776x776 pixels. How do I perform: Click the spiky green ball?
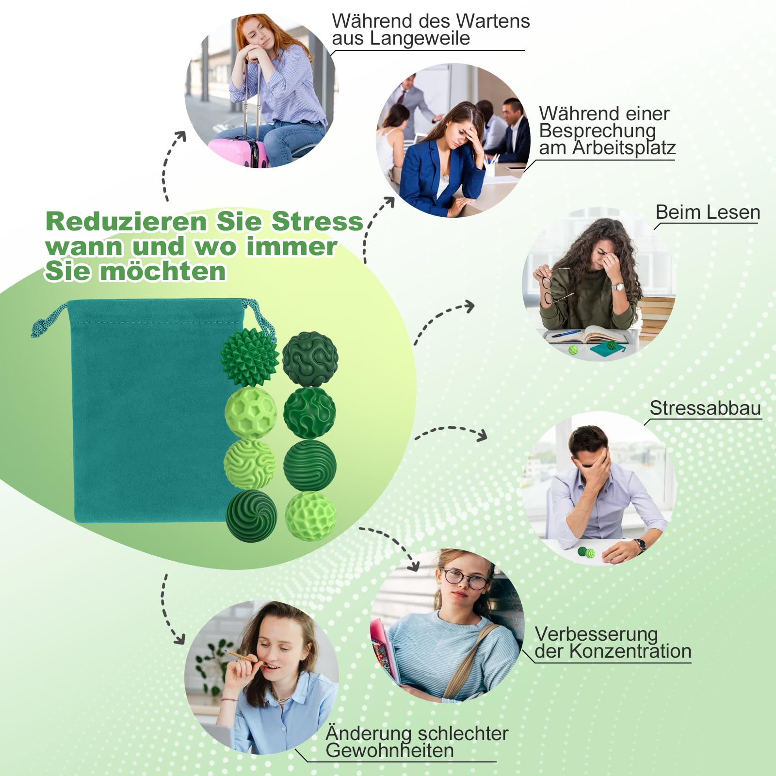(250, 357)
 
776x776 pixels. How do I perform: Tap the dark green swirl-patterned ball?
(251, 516)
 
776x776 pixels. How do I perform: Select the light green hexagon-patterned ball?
(251, 413)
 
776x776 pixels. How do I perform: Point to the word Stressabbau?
(705, 408)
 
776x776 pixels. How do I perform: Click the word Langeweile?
(420, 38)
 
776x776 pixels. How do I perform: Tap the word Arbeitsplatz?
(624, 148)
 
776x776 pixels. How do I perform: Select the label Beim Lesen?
(708, 212)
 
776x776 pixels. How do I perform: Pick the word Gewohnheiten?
(390, 750)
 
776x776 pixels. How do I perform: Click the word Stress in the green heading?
(317, 222)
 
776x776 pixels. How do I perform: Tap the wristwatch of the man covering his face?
(641, 545)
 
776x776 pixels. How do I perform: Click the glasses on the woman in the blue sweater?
(465, 578)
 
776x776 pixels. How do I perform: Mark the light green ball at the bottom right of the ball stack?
(310, 516)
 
